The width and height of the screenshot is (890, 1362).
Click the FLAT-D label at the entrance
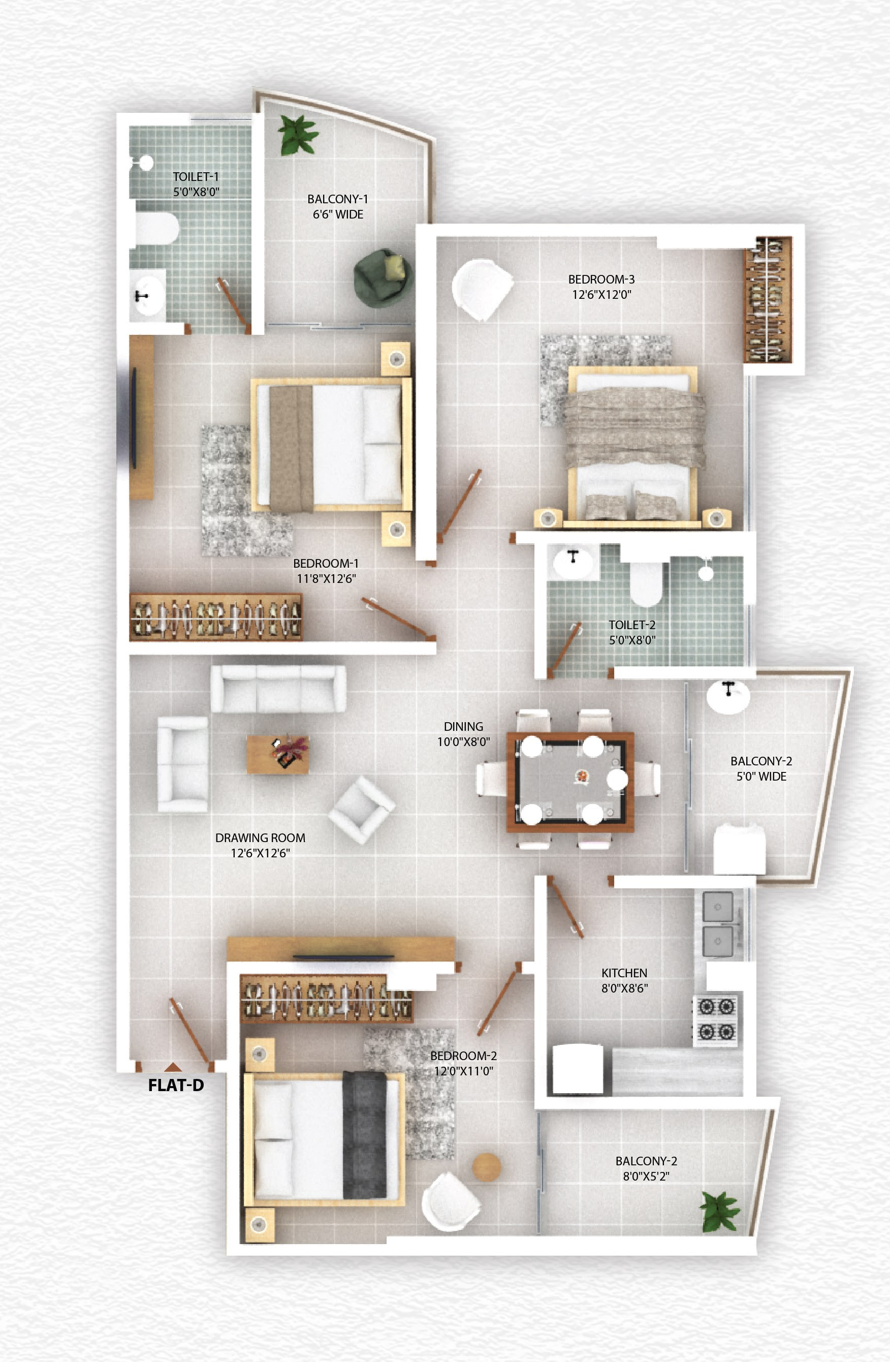pyautogui.click(x=176, y=1086)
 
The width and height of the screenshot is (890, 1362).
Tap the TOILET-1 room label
pyautogui.click(x=196, y=177)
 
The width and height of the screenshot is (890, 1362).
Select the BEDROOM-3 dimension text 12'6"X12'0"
pyautogui.click(x=601, y=295)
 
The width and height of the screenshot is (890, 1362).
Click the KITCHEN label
pyautogui.click(x=624, y=973)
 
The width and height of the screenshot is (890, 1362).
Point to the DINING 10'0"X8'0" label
pyautogui.click(x=463, y=734)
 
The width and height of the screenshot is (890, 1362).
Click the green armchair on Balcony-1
pyautogui.click(x=382, y=277)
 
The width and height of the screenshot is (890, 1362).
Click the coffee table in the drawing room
pyautogui.click(x=277, y=754)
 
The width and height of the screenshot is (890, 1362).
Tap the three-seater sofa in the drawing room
pyautogui.click(x=278, y=689)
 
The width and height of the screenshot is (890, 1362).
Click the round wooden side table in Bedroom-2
pyautogui.click(x=486, y=1167)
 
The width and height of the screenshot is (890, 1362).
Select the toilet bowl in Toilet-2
pyautogui.click(x=646, y=584)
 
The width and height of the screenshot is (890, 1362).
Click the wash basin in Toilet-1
pyautogui.click(x=146, y=295)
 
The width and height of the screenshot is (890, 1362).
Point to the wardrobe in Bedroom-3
pyautogui.click(x=768, y=299)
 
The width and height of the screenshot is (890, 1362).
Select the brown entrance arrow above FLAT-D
pyautogui.click(x=173, y=1066)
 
